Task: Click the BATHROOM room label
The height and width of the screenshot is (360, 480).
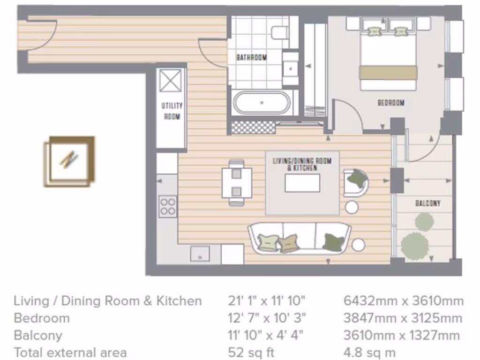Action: tap(251, 58)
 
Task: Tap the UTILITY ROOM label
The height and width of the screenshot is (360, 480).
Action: tap(172, 111)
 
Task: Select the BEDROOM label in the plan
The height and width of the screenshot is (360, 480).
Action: tap(390, 103)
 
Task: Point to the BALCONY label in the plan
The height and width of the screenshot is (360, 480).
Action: tap(427, 203)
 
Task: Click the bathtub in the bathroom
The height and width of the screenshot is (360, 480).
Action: tap(262, 102)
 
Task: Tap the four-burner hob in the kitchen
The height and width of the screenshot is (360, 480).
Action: tap(168, 206)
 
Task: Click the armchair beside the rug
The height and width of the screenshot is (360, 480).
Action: tap(356, 182)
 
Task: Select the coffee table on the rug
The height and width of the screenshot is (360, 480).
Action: tap(302, 183)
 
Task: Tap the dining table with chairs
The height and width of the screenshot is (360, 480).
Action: tap(236, 182)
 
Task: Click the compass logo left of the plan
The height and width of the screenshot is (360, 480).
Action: tap(69, 161)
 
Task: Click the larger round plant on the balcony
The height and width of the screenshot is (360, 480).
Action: tap(415, 246)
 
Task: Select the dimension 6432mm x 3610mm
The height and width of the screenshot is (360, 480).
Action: tap(403, 301)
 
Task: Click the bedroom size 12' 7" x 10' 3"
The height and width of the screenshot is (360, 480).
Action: tap(267, 318)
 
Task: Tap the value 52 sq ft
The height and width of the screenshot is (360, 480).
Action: tap(251, 352)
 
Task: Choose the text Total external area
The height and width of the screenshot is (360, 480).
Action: tap(70, 352)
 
